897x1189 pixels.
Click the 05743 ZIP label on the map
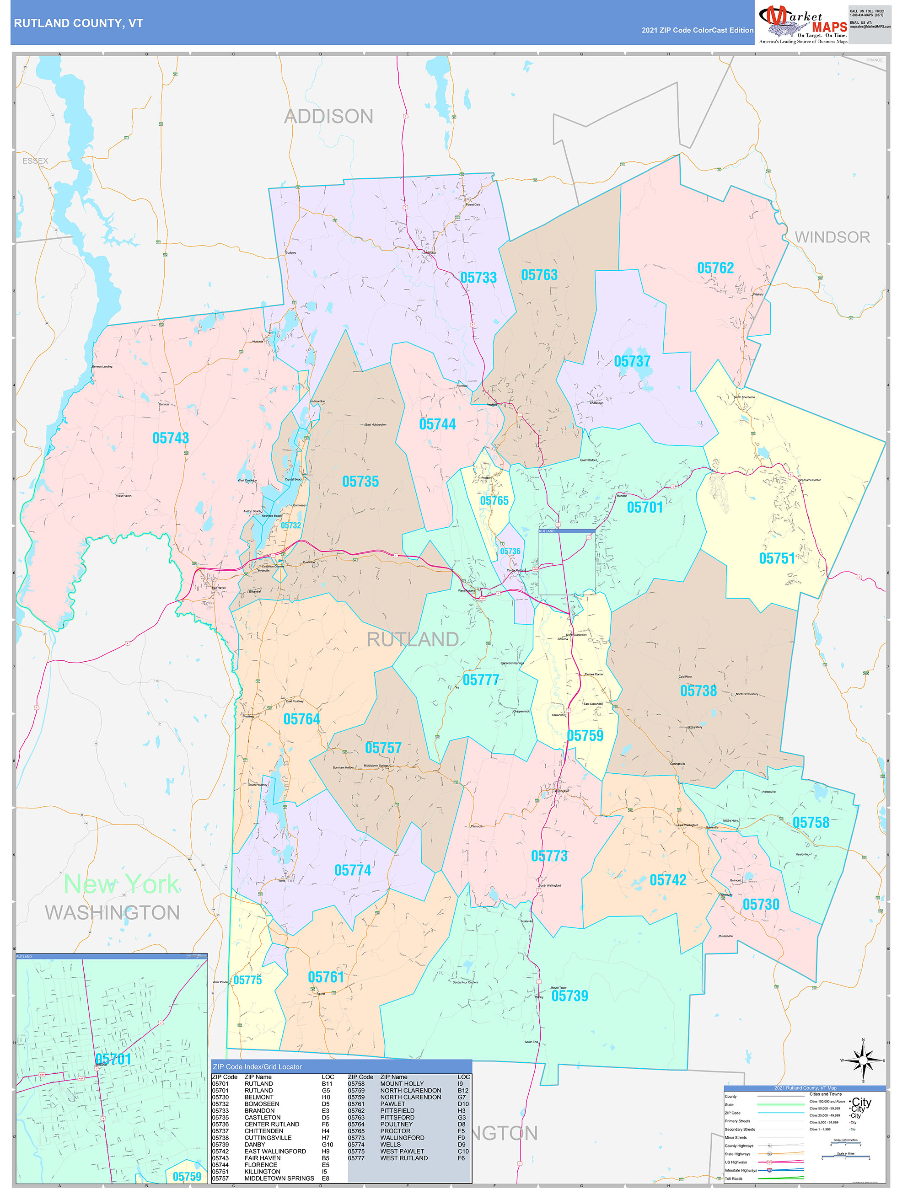171,438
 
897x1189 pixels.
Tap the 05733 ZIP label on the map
478,278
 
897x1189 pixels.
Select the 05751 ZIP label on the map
777,558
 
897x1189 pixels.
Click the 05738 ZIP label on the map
698,691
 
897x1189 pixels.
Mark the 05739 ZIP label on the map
569,996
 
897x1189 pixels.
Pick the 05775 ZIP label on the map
247,980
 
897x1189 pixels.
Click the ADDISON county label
328,116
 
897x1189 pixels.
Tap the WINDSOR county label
832,237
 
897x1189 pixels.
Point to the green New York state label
122,884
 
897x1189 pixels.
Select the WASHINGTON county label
113,913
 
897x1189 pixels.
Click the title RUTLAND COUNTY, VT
79,23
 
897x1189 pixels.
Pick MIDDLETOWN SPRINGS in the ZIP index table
279,1178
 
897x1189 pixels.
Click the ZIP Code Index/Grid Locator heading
257,1066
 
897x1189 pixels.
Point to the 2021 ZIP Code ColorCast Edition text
697,30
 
